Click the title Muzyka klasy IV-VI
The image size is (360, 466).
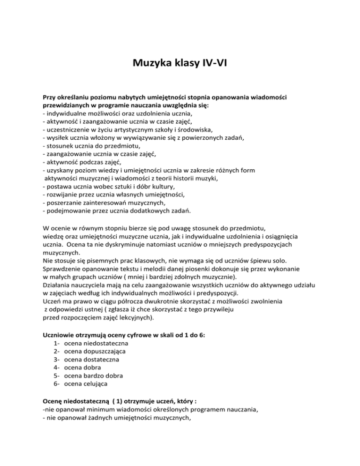click(180, 61)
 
